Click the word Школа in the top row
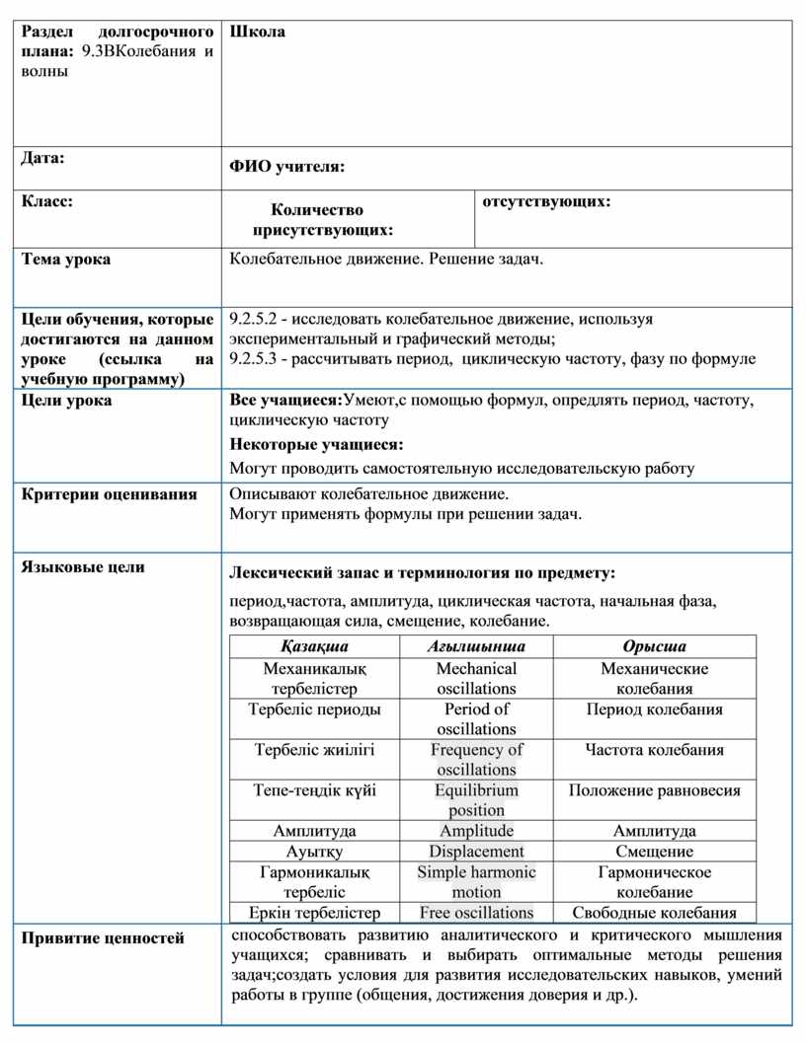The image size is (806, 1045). pyautogui.click(x=258, y=32)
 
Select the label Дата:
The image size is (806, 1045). pyautogui.click(x=43, y=158)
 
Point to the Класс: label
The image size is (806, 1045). pyautogui.click(x=47, y=201)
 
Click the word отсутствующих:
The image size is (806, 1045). pyautogui.click(x=546, y=201)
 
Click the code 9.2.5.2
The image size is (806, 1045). pyautogui.click(x=253, y=319)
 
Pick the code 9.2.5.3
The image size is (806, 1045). pyautogui.click(x=253, y=358)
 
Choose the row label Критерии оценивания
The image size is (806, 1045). pyautogui.click(x=110, y=493)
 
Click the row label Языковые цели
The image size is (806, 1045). pyautogui.click(x=83, y=566)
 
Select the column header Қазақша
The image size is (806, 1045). pyautogui.click(x=314, y=646)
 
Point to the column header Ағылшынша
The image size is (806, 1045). pyautogui.click(x=476, y=646)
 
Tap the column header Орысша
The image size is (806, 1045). pyautogui.click(x=654, y=646)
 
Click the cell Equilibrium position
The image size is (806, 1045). pyautogui.click(x=476, y=800)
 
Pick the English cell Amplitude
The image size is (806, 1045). pyautogui.click(x=476, y=831)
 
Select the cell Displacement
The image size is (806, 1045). pyautogui.click(x=476, y=852)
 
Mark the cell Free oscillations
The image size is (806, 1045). pyautogui.click(x=476, y=913)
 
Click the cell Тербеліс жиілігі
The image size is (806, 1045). pyautogui.click(x=314, y=750)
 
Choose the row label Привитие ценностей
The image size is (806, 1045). pyautogui.click(x=103, y=938)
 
